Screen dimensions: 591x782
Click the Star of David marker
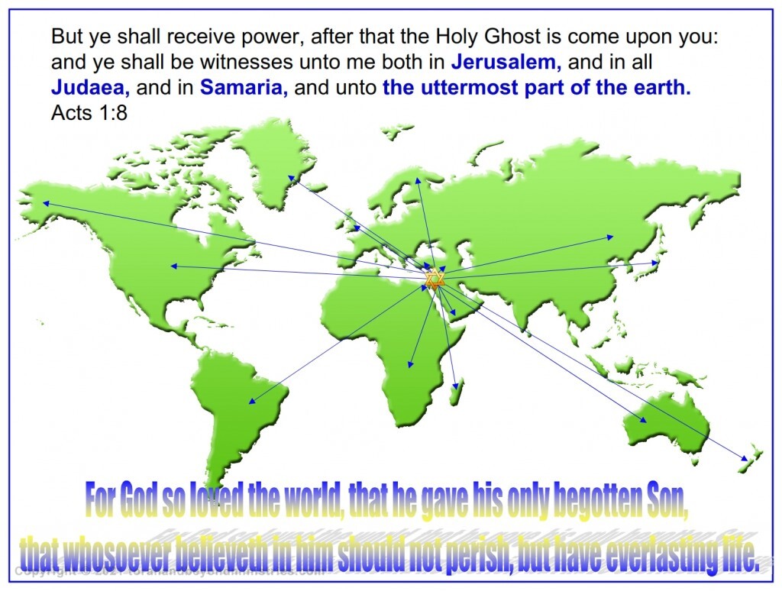tap(434, 279)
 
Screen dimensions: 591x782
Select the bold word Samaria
tap(244, 88)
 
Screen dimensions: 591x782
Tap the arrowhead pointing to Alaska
tap(46, 203)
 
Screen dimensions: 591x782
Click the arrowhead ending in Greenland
tap(290, 178)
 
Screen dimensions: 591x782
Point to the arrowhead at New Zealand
tap(745, 458)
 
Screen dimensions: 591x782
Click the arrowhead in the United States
tap(173, 266)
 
